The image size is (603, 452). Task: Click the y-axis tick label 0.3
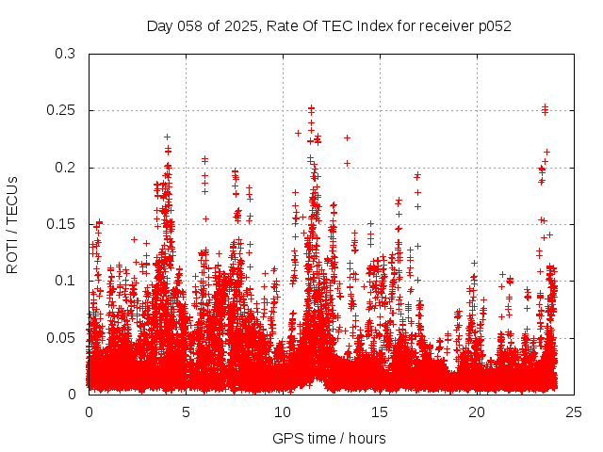point(65,54)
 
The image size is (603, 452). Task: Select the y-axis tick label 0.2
point(65,168)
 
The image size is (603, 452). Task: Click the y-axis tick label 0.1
point(65,281)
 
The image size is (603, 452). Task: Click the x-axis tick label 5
point(186,412)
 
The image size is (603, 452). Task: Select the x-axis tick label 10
point(283,412)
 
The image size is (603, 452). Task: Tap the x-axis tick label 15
point(380,412)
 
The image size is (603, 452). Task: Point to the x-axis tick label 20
point(477,412)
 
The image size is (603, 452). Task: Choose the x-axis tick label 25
point(574,412)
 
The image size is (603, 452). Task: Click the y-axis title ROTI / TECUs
point(12,224)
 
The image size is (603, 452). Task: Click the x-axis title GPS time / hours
point(329,438)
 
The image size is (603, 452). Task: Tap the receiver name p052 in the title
point(493,25)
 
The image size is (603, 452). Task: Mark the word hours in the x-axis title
point(366,438)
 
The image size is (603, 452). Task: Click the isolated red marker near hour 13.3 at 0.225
point(347,138)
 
